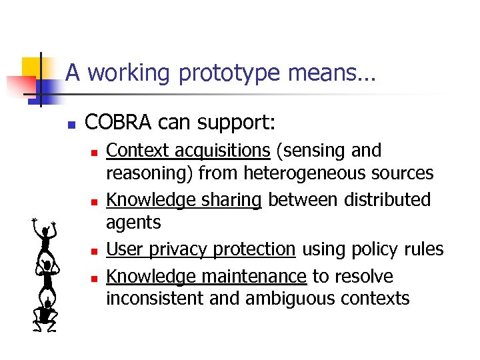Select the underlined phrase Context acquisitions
tap(188, 151)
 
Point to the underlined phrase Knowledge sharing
tap(184, 199)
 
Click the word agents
tap(133, 222)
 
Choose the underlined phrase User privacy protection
tap(201, 249)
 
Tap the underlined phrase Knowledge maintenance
tap(206, 275)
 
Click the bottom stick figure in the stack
tap(46, 313)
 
